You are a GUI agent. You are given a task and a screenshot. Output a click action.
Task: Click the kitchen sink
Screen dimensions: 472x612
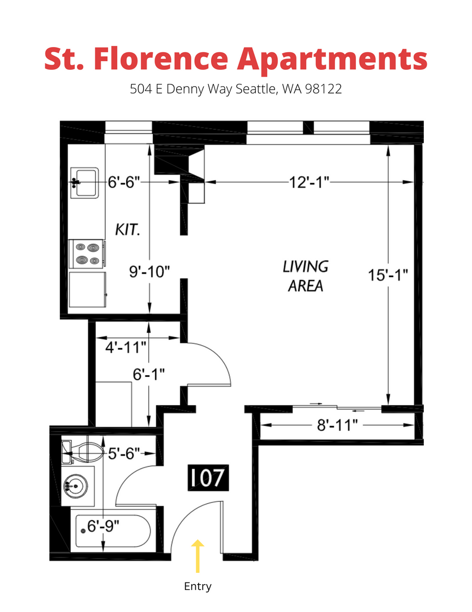pyautogui.click(x=84, y=182)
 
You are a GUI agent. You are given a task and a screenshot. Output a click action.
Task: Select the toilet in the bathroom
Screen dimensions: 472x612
pyautogui.click(x=83, y=452)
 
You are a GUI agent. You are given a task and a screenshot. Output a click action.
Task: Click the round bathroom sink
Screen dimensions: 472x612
pyautogui.click(x=76, y=487)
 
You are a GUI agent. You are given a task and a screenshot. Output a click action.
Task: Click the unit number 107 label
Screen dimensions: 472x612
pyautogui.click(x=208, y=477)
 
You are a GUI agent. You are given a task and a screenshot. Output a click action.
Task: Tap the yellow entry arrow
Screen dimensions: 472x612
pyautogui.click(x=198, y=556)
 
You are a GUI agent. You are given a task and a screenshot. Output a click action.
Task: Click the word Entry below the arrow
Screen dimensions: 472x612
pyautogui.click(x=198, y=586)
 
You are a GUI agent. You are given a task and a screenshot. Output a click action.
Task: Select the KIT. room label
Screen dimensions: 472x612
pyautogui.click(x=127, y=229)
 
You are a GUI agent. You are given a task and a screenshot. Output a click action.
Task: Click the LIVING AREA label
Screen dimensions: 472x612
pyautogui.click(x=306, y=277)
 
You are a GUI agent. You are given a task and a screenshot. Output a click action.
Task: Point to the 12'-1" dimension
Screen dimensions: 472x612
pyautogui.click(x=309, y=182)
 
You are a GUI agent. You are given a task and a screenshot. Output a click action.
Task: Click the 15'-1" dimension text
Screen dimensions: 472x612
pyautogui.click(x=388, y=275)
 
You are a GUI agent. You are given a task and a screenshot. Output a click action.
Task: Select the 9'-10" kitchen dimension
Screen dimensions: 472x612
pyautogui.click(x=149, y=271)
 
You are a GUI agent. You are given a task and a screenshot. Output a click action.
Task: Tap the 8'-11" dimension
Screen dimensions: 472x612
pyautogui.click(x=337, y=425)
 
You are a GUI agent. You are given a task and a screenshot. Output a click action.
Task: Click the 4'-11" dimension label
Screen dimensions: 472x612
pyautogui.click(x=126, y=347)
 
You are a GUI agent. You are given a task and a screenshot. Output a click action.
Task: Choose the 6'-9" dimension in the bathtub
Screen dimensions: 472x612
pyautogui.click(x=103, y=526)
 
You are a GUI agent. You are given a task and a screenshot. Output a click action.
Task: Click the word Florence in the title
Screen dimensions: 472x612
pyautogui.click(x=161, y=59)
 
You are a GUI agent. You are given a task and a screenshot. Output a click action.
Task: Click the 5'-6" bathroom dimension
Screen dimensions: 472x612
pyautogui.click(x=123, y=453)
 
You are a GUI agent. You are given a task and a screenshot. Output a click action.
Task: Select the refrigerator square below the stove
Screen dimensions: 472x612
pyautogui.click(x=87, y=290)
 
